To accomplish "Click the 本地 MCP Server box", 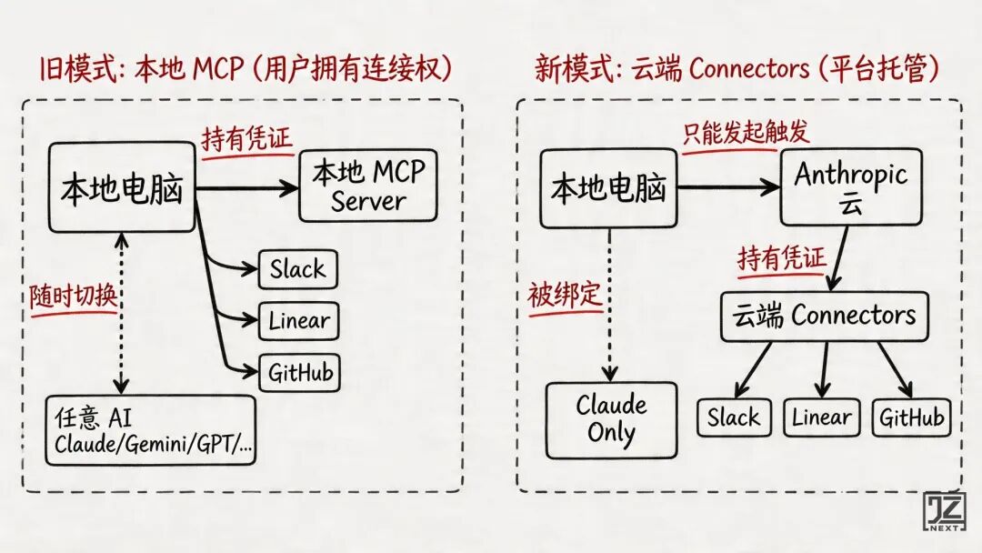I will pos(367,186).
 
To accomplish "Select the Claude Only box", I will pos(611,418).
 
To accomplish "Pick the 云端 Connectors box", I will pos(825,316).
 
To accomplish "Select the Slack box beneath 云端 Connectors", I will pos(734,417).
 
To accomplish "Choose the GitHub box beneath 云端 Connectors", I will pos(911,417).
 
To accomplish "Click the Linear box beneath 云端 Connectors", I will pos(822,417).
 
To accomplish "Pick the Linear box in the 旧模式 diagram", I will pos(299,321).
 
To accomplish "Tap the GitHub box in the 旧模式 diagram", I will pos(300,372).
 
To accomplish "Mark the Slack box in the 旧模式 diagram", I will pos(297,269).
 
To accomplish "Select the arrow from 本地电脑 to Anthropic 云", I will pos(727,188).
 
